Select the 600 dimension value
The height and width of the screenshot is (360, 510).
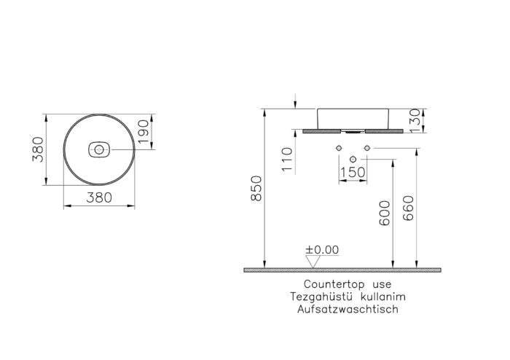[x=384, y=213]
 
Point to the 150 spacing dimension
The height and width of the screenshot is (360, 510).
[x=353, y=172]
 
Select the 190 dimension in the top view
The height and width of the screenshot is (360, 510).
[x=145, y=131]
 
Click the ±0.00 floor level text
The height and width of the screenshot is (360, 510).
[x=321, y=249]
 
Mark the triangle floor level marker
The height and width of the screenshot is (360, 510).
[x=314, y=260]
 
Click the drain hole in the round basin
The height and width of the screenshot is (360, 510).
[x=98, y=149]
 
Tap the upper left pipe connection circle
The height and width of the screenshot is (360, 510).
[x=339, y=149]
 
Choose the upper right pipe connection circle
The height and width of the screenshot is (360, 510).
[x=366, y=149]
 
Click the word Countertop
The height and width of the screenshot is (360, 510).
[x=328, y=284]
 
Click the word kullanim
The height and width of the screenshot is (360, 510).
[x=379, y=297]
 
